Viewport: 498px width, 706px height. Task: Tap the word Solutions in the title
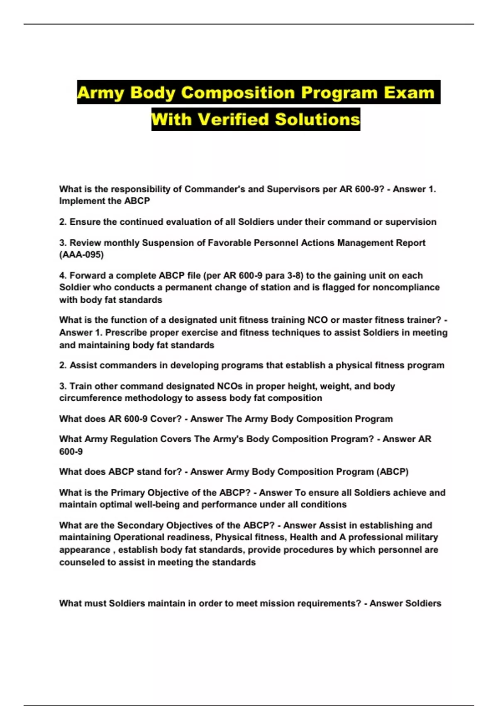(317, 119)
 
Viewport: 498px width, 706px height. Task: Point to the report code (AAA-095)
(81, 255)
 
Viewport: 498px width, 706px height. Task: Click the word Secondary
(138, 525)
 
